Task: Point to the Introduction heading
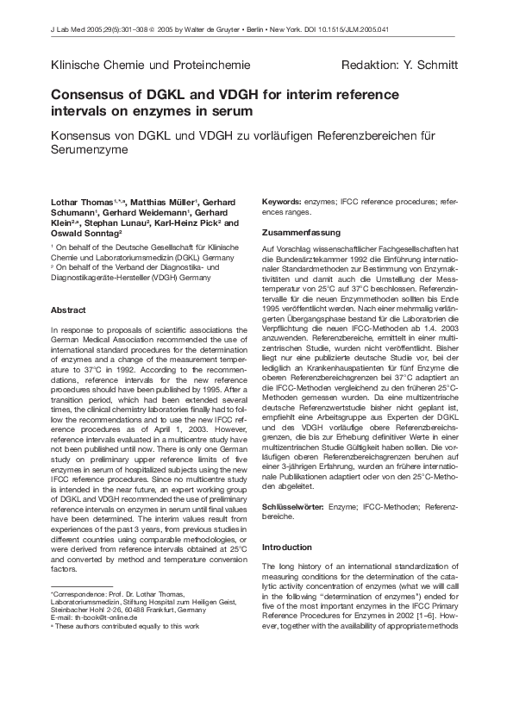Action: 287,548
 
